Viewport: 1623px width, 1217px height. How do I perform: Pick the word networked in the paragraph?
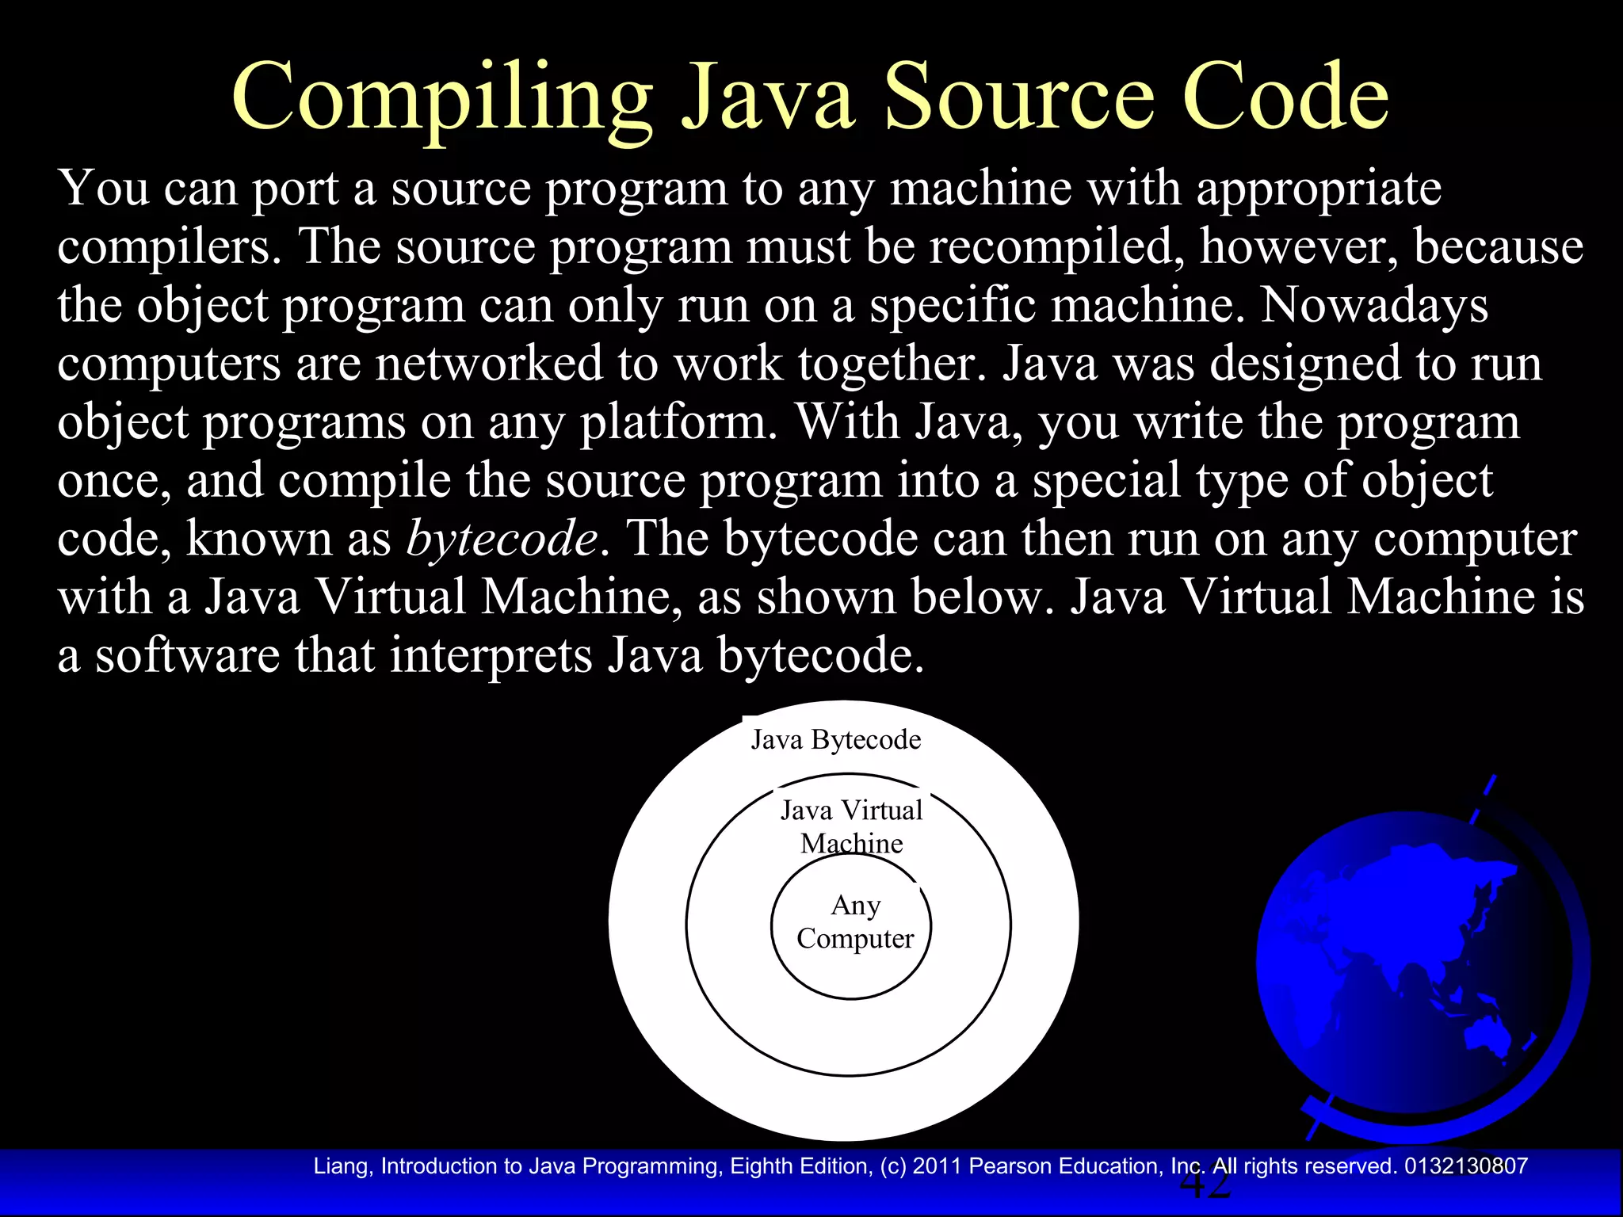(x=489, y=364)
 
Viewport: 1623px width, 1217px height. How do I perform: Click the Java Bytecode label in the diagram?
(x=836, y=740)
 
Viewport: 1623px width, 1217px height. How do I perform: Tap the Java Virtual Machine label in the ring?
(x=852, y=826)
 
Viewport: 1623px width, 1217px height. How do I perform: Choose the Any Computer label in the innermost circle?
(x=855, y=922)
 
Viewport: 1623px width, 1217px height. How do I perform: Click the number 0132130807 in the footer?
(x=1466, y=1166)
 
